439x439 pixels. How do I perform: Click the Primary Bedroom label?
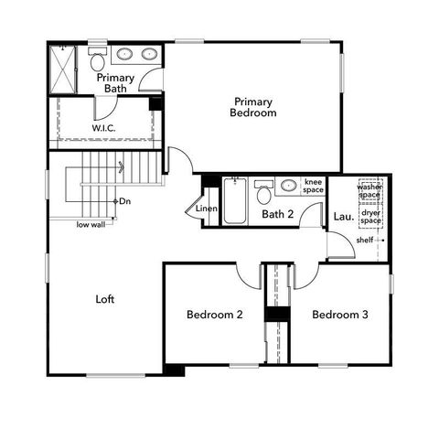pyautogui.click(x=254, y=107)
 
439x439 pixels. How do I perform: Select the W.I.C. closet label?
pyautogui.click(x=102, y=129)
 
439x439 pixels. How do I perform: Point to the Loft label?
pyautogui.click(x=106, y=298)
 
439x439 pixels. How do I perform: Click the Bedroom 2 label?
pyautogui.click(x=214, y=315)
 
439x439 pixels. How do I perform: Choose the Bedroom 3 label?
pyautogui.click(x=339, y=315)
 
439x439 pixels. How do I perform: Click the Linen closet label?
pyautogui.click(x=207, y=209)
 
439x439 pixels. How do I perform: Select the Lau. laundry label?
pyautogui.click(x=343, y=217)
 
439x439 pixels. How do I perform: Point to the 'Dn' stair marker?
pyautogui.click(x=126, y=200)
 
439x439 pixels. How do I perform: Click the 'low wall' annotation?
pyautogui.click(x=90, y=224)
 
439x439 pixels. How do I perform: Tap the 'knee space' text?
pyautogui.click(x=314, y=187)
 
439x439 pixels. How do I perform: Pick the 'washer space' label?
pyautogui.click(x=370, y=191)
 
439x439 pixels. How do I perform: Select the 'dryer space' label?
pyautogui.click(x=370, y=217)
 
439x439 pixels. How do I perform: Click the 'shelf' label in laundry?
pyautogui.click(x=365, y=241)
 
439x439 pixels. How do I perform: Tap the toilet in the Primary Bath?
pyautogui.click(x=97, y=60)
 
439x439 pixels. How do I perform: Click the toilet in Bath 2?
pyautogui.click(x=263, y=193)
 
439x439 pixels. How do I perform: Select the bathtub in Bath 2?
pyautogui.click(x=235, y=201)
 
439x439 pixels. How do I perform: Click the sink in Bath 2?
pyautogui.click(x=288, y=186)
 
